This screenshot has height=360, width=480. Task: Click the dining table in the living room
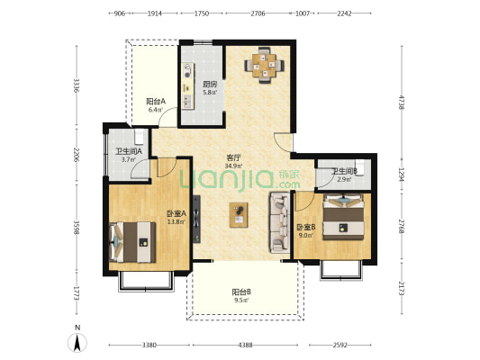point(265,65)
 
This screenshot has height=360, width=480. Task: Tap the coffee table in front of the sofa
point(239,215)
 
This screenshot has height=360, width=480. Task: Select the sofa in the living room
point(279,222)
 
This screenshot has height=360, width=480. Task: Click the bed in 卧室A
point(132,242)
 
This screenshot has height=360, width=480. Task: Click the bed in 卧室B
point(344,217)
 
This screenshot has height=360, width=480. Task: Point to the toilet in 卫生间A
point(140,137)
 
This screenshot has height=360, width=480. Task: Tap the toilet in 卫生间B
point(360,167)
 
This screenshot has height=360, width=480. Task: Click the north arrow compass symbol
point(77,343)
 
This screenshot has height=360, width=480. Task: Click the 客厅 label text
point(234,158)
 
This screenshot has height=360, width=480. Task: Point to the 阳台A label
point(156,101)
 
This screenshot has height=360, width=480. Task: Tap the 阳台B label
point(241,292)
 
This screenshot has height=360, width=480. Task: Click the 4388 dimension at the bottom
point(245,346)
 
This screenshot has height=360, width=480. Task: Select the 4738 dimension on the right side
point(402,102)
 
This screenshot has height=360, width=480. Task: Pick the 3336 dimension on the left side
point(77,86)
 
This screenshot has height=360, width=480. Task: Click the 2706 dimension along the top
point(258,13)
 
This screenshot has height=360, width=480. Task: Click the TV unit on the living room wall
point(196,219)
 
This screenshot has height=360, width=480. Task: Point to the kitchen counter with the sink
point(187,85)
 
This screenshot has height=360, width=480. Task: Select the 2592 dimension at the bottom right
point(340,346)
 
